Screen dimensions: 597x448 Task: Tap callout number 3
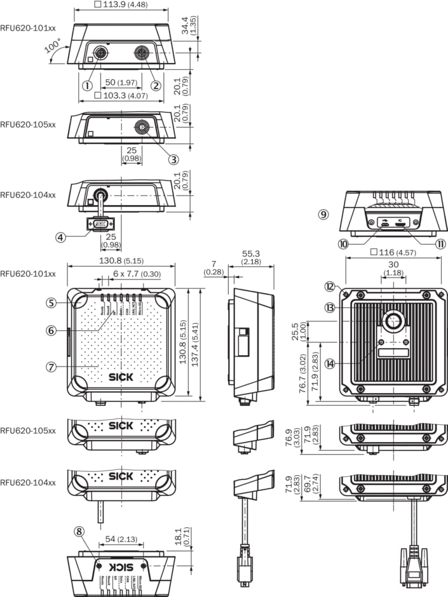[x=173, y=159]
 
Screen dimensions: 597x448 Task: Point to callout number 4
[x=61, y=237]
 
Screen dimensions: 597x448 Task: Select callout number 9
[x=323, y=215]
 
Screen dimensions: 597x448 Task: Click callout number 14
[x=330, y=364]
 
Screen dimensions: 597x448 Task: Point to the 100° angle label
[x=53, y=46]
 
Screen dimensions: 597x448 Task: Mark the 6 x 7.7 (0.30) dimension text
[x=137, y=273]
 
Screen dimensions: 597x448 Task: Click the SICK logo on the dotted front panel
[x=121, y=377]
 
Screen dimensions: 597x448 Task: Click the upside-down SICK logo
[x=121, y=566]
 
